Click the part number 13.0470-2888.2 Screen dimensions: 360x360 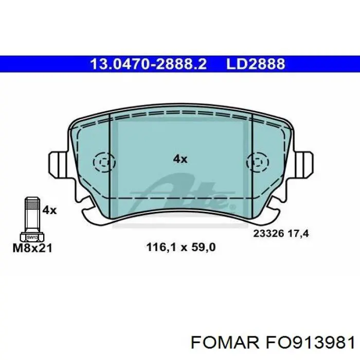[x=149, y=64]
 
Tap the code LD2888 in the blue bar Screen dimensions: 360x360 [x=256, y=64]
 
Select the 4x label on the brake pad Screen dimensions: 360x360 [x=180, y=159]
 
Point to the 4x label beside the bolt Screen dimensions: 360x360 [x=49, y=210]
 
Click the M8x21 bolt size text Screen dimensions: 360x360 [x=32, y=248]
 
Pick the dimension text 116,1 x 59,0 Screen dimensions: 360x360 [x=181, y=247]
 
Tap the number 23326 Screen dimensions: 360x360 [x=268, y=233]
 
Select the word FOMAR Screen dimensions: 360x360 [x=225, y=343]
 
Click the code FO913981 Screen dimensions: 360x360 [x=310, y=343]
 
